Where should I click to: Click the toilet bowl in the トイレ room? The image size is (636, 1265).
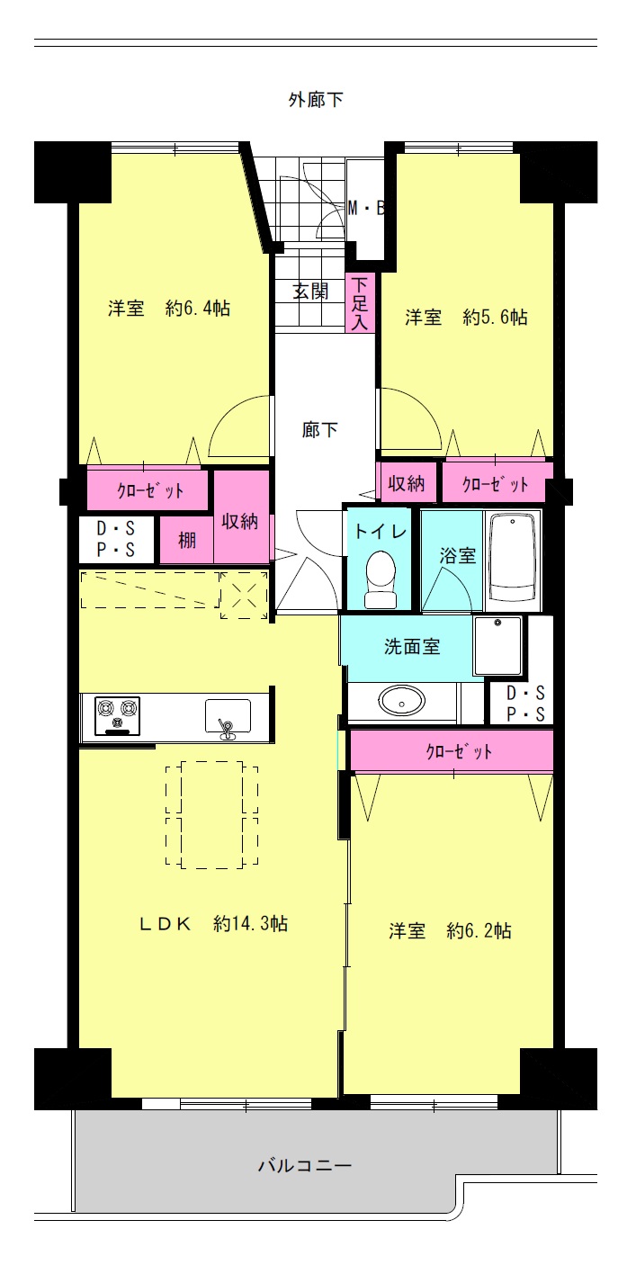tap(381, 579)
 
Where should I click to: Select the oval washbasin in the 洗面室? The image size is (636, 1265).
tap(401, 702)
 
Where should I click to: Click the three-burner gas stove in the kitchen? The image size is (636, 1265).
tap(117, 716)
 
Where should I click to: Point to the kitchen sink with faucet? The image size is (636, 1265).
tap(228, 718)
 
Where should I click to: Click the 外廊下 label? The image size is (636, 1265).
tap(316, 100)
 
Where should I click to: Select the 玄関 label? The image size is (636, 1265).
tap(310, 292)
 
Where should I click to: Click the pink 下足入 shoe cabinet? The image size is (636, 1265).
tap(361, 303)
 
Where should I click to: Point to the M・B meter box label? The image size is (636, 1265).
tap(366, 209)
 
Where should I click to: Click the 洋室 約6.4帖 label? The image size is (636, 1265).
tap(169, 309)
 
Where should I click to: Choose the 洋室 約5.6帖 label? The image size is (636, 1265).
tap(466, 317)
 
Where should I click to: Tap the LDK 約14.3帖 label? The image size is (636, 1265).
tap(213, 923)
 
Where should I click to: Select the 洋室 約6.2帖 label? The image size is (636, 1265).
tap(450, 930)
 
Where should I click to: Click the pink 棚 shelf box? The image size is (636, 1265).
tap(186, 540)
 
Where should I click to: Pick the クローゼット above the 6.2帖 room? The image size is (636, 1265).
tap(452, 750)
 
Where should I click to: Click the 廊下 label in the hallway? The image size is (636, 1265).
tap(319, 430)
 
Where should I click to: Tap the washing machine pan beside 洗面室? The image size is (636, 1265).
tap(497, 646)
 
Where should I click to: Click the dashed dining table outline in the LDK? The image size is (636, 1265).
tap(211, 814)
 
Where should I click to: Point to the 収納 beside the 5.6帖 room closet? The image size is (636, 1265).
tap(407, 483)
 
